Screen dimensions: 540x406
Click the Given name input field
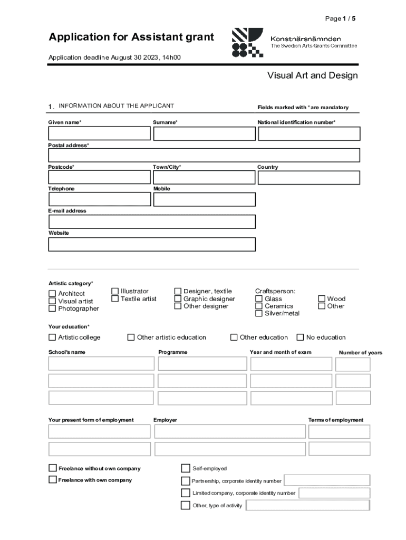point(99,133)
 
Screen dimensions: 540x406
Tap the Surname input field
point(204,133)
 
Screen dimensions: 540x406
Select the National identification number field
point(309,133)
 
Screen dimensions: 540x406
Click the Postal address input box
point(204,155)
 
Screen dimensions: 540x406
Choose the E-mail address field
point(152,221)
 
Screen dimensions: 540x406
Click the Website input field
point(152,244)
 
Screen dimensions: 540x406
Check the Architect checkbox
point(52,294)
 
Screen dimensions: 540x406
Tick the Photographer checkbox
point(52,308)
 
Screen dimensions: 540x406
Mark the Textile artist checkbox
point(115,299)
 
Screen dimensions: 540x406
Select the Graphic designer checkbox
point(178,299)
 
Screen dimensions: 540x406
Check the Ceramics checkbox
point(259,306)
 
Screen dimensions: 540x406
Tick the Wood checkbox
point(322,299)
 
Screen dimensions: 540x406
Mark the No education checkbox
point(301,337)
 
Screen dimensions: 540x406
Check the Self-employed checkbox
point(186,468)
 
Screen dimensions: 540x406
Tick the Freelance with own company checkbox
point(52,480)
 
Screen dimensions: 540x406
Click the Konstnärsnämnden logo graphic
point(247,43)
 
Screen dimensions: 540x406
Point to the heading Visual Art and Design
point(312,75)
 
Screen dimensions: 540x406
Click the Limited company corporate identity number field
point(334,493)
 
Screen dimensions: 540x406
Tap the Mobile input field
point(204,199)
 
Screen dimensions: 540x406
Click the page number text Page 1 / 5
point(340,19)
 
